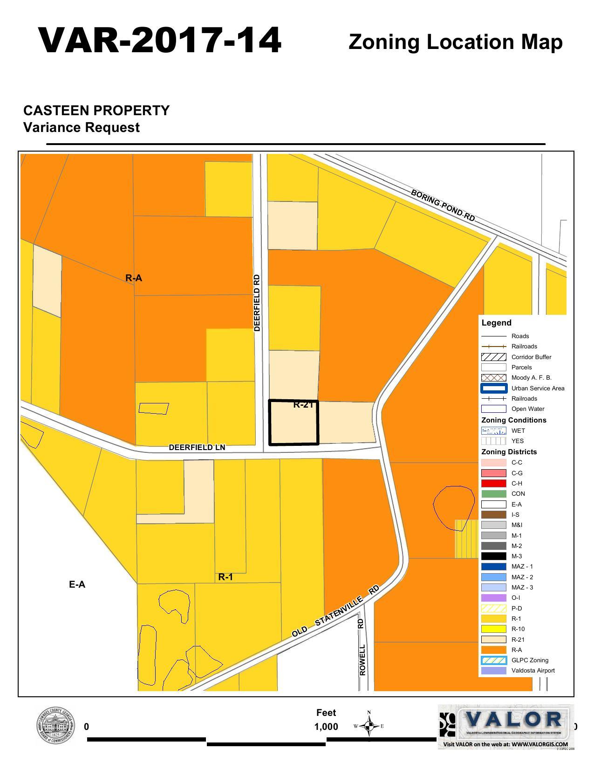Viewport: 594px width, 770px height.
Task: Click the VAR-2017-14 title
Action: [160, 41]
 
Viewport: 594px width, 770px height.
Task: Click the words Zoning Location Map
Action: [455, 42]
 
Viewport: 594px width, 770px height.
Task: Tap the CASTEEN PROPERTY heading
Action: [96, 111]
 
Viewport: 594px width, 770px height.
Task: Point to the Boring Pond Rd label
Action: [443, 206]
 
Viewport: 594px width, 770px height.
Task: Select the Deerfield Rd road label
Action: [257, 303]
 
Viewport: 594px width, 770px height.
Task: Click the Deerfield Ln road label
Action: [197, 447]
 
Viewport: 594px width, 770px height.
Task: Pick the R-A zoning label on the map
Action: [134, 278]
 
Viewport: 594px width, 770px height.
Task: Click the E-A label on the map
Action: [77, 584]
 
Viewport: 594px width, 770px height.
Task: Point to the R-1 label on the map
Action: [225, 577]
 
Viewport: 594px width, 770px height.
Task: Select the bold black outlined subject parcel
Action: [294, 423]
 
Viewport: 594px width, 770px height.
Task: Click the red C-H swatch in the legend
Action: [493, 483]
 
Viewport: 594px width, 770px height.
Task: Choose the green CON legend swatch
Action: [493, 493]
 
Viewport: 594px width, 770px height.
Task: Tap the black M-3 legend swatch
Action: [493, 556]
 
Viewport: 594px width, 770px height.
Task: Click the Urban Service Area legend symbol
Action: [493, 388]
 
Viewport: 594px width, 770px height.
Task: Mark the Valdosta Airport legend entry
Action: [533, 670]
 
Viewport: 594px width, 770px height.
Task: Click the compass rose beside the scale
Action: [369, 726]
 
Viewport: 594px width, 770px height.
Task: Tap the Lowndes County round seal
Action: [55, 727]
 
